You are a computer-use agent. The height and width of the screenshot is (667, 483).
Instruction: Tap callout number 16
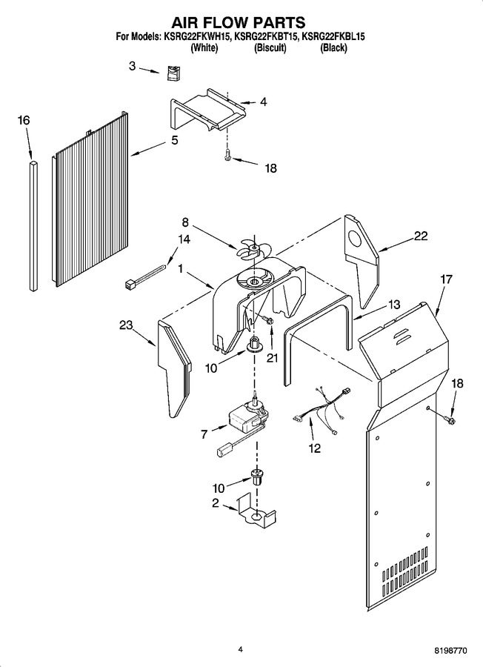pyautogui.click(x=24, y=120)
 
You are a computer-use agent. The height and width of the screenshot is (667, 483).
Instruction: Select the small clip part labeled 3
pyautogui.click(x=173, y=73)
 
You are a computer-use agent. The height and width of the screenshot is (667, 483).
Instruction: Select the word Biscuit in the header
pyautogui.click(x=270, y=48)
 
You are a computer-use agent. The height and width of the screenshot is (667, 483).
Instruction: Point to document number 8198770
pyautogui.click(x=450, y=651)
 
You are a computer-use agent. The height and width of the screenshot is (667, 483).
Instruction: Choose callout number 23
pyautogui.click(x=126, y=325)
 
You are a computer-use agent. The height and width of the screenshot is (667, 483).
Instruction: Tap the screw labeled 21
pyautogui.click(x=269, y=319)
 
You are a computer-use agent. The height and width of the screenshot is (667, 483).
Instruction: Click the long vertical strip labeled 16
pyautogui.click(x=34, y=226)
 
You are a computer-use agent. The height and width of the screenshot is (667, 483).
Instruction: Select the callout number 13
pyautogui.click(x=394, y=305)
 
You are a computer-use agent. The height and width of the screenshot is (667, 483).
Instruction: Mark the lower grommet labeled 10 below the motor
pyautogui.click(x=256, y=477)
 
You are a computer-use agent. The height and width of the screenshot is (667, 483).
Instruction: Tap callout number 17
pyautogui.click(x=446, y=280)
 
